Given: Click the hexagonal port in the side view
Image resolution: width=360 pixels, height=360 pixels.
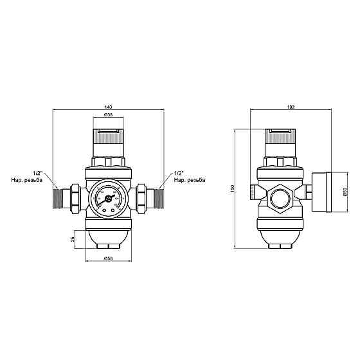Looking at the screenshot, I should (x=280, y=197).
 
